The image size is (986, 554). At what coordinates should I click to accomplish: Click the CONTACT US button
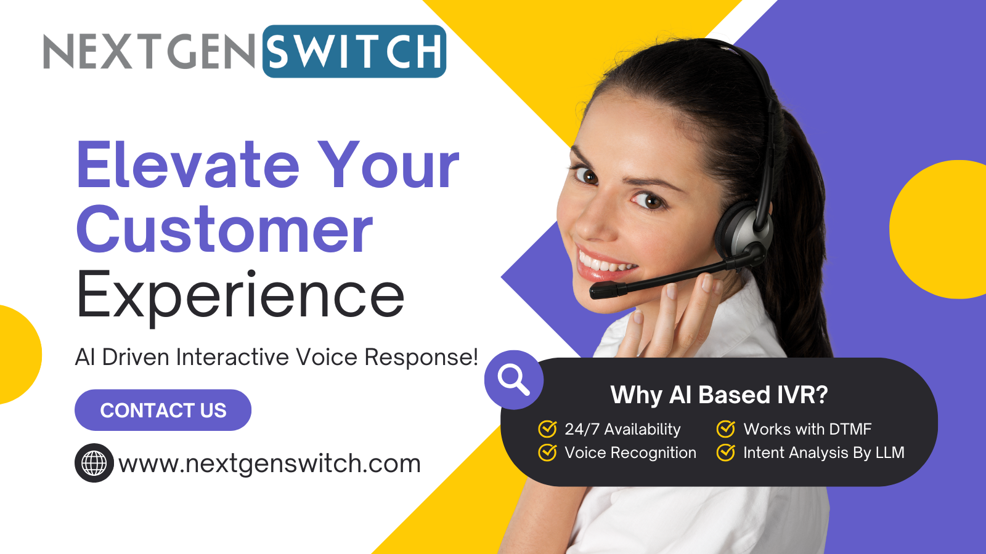[163, 410]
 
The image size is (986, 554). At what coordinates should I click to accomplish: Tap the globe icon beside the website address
[94, 463]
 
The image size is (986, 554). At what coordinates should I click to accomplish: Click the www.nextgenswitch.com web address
[269, 464]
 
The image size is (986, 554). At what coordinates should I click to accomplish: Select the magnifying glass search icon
[513, 379]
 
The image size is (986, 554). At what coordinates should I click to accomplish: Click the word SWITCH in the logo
[354, 52]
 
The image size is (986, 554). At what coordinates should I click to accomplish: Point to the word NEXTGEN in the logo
[149, 52]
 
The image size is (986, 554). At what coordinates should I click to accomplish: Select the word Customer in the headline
[225, 230]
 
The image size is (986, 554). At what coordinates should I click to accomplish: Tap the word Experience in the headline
[240, 295]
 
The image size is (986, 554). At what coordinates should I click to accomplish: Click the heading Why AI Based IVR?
[719, 395]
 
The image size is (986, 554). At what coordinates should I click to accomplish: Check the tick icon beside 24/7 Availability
[547, 428]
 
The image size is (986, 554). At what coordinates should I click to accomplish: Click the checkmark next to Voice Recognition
[547, 452]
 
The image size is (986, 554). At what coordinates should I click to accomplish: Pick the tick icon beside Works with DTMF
[726, 428]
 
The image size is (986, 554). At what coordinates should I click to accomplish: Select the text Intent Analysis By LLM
[823, 452]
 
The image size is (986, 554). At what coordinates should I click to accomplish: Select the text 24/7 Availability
[622, 429]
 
